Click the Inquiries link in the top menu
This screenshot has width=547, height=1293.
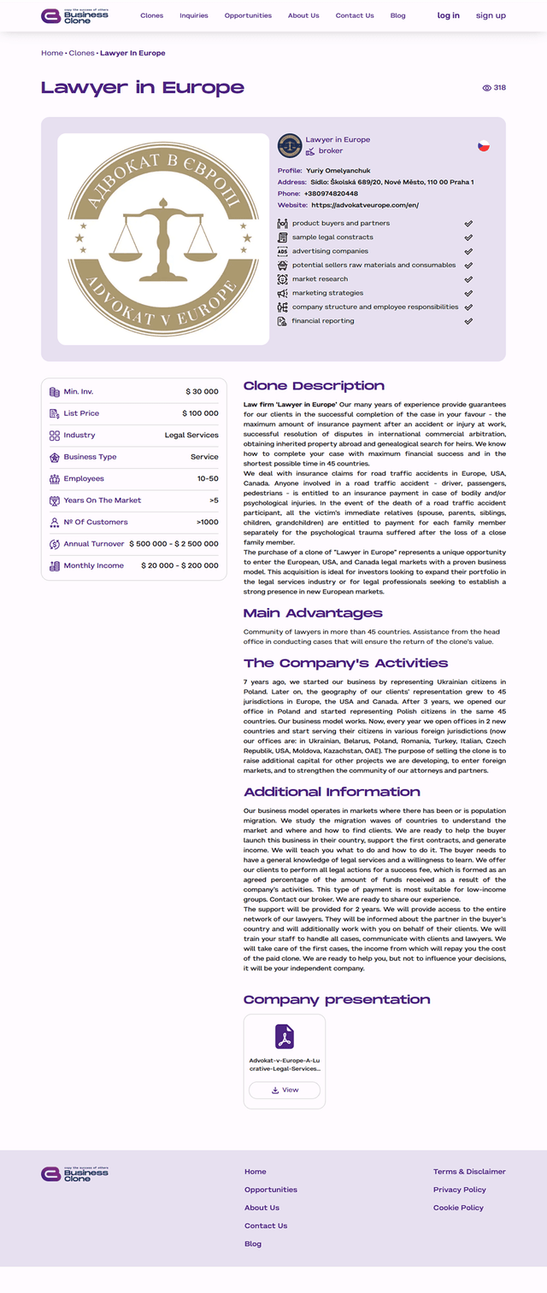click(x=194, y=15)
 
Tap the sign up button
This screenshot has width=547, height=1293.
click(x=491, y=15)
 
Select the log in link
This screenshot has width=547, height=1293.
click(x=448, y=15)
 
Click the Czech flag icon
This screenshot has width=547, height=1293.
click(x=484, y=146)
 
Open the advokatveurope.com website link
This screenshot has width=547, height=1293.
click(x=365, y=205)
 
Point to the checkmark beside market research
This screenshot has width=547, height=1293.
click(x=468, y=279)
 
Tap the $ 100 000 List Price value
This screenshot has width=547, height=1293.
click(x=200, y=413)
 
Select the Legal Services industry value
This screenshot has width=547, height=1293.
click(x=191, y=436)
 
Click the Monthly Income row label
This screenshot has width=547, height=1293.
click(x=93, y=566)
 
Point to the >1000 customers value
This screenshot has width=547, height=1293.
click(x=207, y=523)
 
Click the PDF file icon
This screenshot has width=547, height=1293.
click(x=285, y=1037)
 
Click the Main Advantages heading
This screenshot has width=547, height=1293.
click(x=313, y=613)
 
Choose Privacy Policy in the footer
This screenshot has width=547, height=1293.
click(x=459, y=1190)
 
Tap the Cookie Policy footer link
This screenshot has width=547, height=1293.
click(x=458, y=1208)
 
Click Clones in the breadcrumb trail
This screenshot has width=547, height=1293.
click(x=81, y=53)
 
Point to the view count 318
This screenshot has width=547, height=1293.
click(x=499, y=88)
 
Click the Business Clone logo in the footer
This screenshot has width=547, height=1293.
click(x=75, y=1174)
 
